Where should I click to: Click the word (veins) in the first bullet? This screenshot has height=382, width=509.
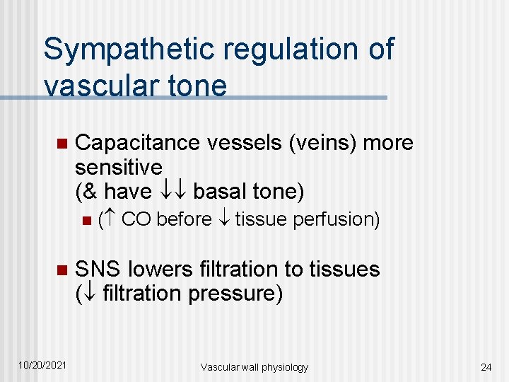click(323, 143)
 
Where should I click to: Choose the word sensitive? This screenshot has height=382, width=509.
click(118, 168)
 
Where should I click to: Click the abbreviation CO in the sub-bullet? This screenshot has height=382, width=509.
click(136, 220)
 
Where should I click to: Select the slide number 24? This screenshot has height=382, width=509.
click(486, 366)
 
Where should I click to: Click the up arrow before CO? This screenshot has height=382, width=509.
click(112, 220)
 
